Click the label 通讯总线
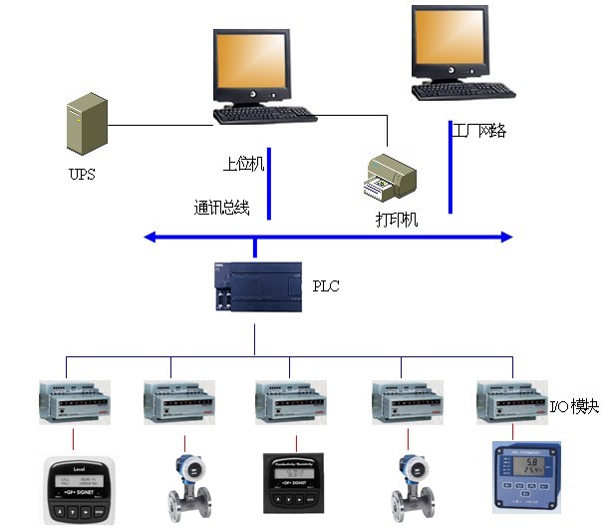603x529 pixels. (221, 209)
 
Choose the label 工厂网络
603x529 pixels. (478, 131)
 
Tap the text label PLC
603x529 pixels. (327, 286)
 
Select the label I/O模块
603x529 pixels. (574, 407)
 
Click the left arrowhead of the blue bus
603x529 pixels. (151, 238)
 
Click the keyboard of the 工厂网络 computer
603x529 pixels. (466, 93)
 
